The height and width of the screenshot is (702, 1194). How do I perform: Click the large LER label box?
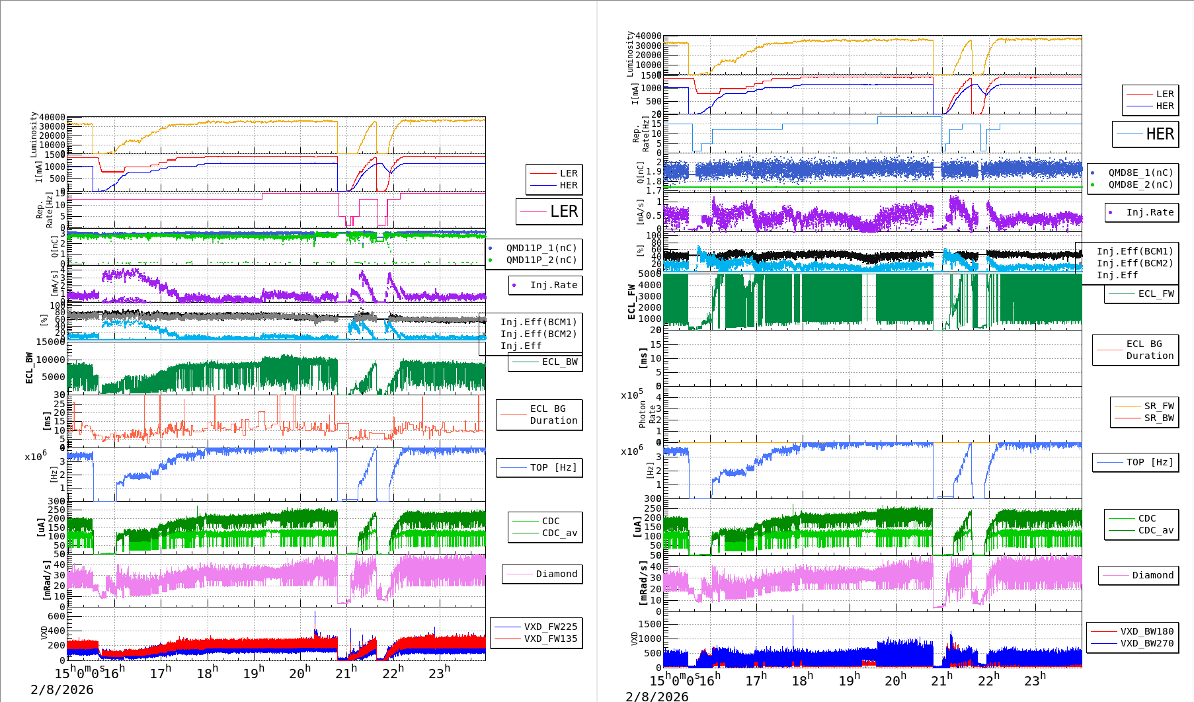tap(549, 212)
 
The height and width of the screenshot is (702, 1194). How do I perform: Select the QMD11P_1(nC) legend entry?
tap(541, 248)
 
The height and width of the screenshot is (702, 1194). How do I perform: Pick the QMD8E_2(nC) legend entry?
tap(1140, 184)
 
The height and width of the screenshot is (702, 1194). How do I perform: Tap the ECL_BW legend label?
tap(559, 362)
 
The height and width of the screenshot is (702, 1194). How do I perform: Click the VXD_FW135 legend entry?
tap(550, 639)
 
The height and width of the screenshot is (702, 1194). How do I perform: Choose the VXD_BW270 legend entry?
tap(1146, 643)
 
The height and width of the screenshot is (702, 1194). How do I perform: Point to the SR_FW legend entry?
tap(1159, 406)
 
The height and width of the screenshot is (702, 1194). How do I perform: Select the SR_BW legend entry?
tap(1159, 418)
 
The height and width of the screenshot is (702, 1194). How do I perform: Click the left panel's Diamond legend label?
tap(556, 574)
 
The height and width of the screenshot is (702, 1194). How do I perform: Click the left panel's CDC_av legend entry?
tap(559, 533)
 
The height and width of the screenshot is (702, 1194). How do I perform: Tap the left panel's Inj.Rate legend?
tap(553, 285)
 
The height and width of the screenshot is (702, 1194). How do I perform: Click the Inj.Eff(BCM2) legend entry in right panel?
tap(1134, 263)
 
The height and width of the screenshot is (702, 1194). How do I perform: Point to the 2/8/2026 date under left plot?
tap(62, 689)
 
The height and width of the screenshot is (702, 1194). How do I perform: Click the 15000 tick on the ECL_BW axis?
tap(51, 342)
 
